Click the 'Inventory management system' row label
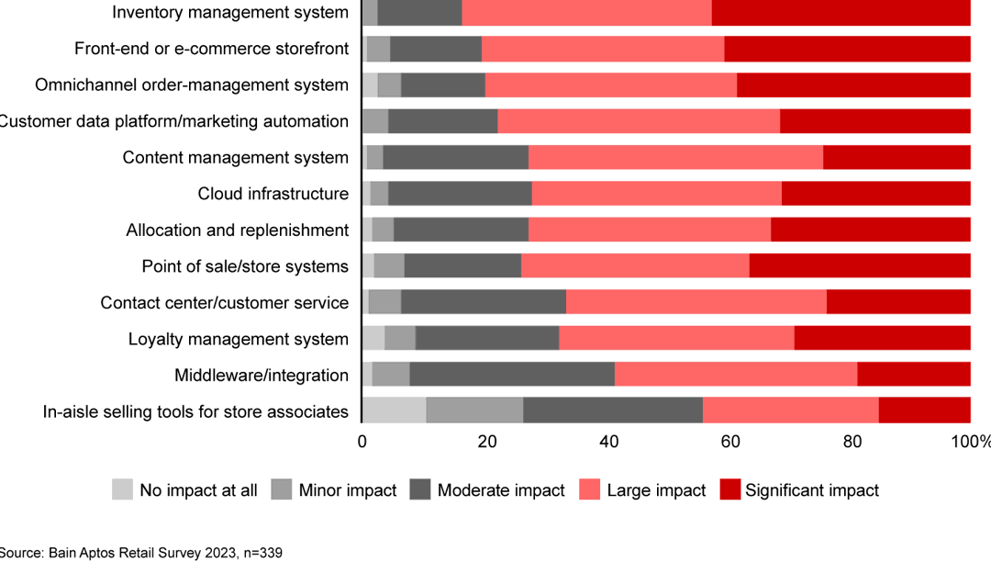pos(230,13)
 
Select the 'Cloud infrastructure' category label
pos(273,194)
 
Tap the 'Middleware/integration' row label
pos(262,375)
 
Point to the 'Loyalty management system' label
pos(239,339)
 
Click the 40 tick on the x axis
pos(607,442)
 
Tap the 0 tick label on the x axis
pos(362,442)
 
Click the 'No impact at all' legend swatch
pos(122,490)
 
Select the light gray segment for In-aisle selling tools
pos(394,410)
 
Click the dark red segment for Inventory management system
pos(841,13)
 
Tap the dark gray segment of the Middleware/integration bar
pos(512,375)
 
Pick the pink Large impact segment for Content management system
pos(675,158)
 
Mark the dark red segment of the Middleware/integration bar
pos(914,375)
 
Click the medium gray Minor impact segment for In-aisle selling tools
pos(474,410)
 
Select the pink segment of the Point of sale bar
pos(635,266)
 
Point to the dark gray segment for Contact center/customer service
pos(484,302)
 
